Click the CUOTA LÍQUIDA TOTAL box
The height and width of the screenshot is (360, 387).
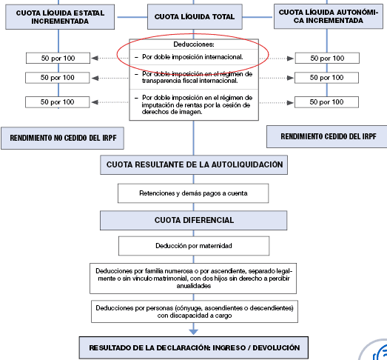tap(195, 16)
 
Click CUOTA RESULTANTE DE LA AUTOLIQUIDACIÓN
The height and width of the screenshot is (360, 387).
tap(194, 164)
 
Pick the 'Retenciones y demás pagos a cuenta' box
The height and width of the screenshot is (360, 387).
tap(193, 193)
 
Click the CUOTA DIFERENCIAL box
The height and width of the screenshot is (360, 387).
tap(194, 220)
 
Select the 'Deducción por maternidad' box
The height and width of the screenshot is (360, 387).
tap(193, 245)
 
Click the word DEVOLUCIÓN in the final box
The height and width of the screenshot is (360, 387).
tap(271, 347)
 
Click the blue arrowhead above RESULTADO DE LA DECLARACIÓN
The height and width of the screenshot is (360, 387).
tap(194, 331)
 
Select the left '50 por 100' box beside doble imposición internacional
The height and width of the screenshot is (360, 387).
tap(57, 58)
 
